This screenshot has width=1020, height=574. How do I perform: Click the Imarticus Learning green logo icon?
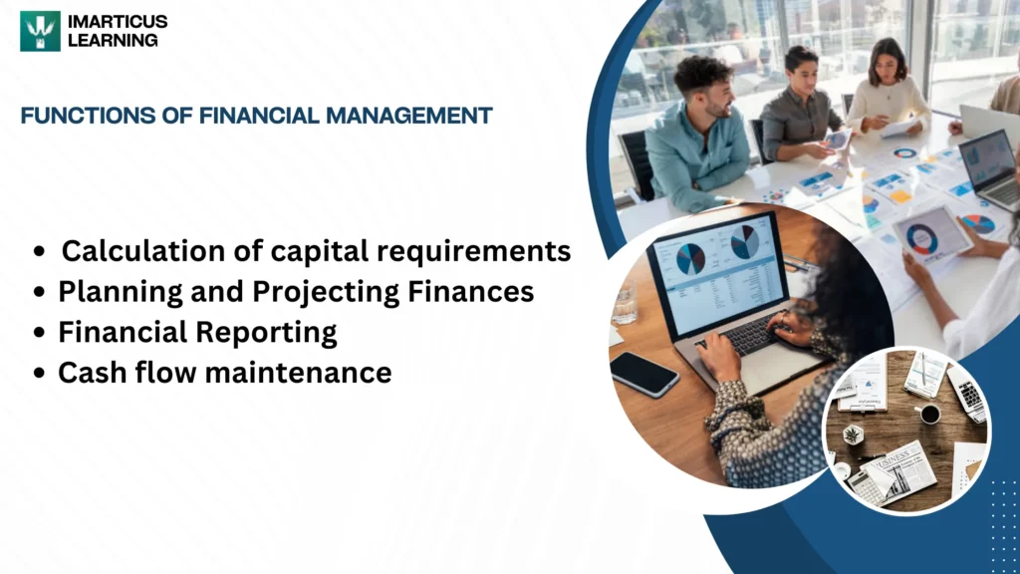(40, 31)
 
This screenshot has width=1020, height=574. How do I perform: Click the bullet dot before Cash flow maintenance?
(39, 374)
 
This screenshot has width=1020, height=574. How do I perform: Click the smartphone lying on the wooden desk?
(643, 374)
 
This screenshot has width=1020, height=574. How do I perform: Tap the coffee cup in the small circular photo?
(928, 414)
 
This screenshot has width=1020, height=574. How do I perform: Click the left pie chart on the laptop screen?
(690, 258)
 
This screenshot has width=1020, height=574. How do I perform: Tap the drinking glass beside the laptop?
(625, 302)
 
